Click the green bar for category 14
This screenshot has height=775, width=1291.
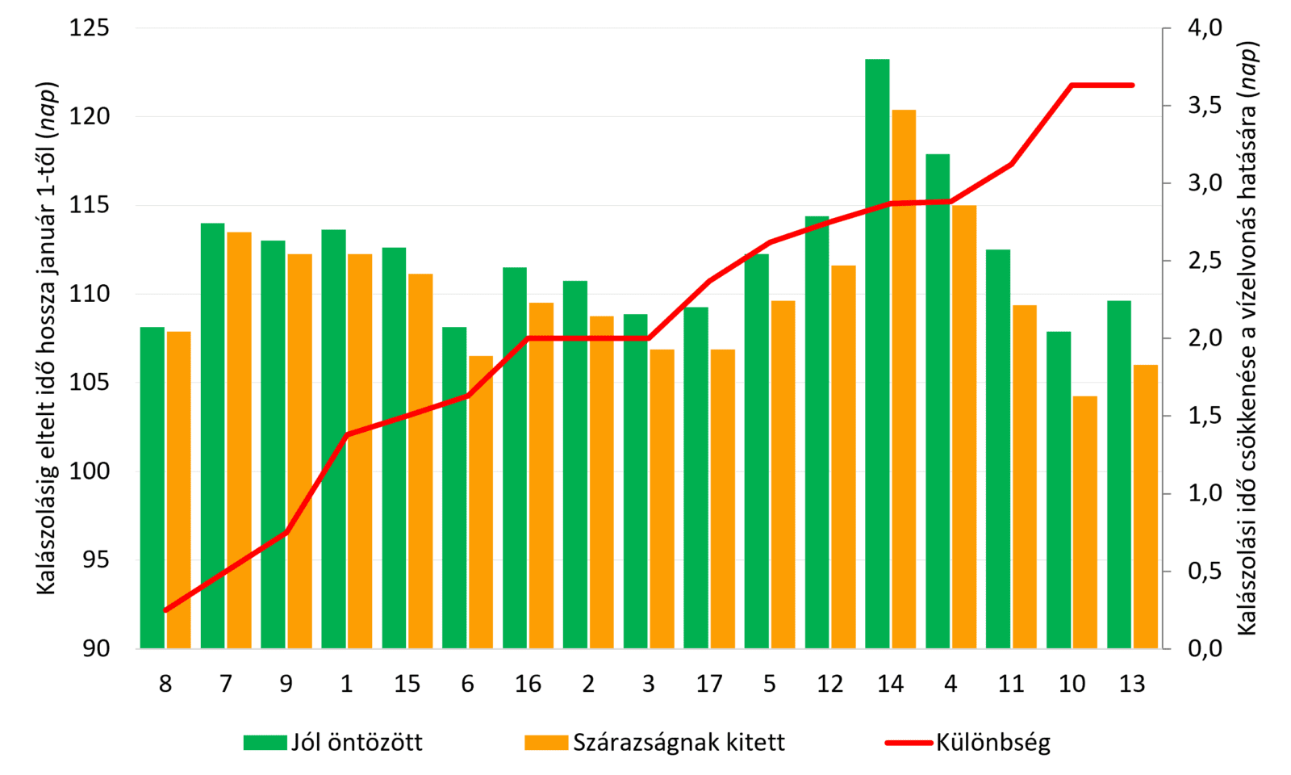tap(877, 354)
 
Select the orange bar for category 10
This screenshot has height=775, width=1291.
tap(1085, 522)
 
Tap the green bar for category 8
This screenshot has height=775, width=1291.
tap(152, 488)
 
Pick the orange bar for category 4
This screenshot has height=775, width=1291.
tap(964, 427)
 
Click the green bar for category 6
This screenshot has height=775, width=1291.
tap(454, 488)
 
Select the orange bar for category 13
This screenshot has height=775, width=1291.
tap(1146, 507)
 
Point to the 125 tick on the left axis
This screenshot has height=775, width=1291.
tap(90, 27)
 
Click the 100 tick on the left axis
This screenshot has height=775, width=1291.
tap(90, 471)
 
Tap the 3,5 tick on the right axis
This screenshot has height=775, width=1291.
tap(1205, 106)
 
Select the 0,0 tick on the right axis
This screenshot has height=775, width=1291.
tap(1205, 649)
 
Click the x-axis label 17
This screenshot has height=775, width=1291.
tap(709, 684)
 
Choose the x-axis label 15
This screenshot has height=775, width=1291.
tap(407, 684)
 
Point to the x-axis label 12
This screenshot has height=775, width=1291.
tap(830, 684)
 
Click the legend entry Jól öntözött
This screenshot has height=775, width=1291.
tap(333, 743)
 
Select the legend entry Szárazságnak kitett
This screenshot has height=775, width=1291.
tap(654, 743)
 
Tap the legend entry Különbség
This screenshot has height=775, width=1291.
tap(968, 743)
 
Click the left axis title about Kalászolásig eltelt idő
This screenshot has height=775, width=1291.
tap(48, 338)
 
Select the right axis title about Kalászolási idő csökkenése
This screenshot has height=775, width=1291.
tap(1247, 338)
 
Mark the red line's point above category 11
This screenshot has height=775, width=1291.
tap(1012, 165)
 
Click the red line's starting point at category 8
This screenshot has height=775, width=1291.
tap(165, 610)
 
